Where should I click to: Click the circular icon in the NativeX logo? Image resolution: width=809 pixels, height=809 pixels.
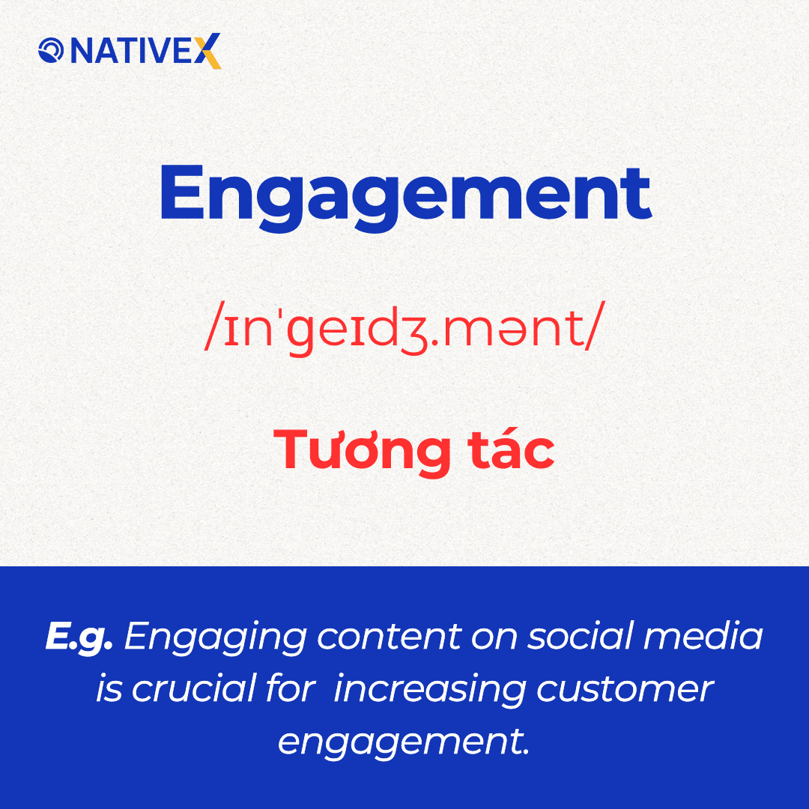(52, 51)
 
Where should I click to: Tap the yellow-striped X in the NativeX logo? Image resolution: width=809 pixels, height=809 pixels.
(210, 52)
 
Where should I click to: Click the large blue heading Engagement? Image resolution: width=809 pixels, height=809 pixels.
(404, 193)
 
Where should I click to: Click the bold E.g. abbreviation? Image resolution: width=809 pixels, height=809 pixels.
(79, 637)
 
